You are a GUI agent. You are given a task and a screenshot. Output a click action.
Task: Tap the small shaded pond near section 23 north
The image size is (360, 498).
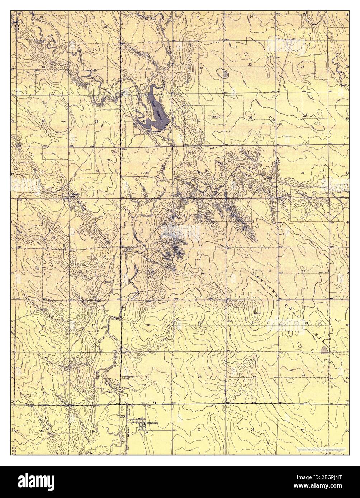226,74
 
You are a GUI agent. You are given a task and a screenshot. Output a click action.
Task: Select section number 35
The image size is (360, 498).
250,168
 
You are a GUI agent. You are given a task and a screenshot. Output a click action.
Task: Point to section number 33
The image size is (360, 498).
146,173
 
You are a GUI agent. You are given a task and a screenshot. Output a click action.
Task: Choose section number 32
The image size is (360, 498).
97,172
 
